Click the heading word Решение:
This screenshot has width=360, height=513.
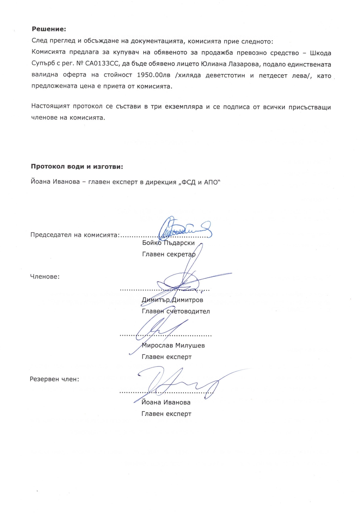[49, 29]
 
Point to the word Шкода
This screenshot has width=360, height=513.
[320, 53]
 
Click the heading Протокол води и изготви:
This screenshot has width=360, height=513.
[77, 167]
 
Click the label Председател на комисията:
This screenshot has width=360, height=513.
[75, 235]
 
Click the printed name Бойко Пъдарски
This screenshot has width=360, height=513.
[168, 243]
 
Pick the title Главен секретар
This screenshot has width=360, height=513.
[168, 254]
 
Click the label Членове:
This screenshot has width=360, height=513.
[45, 277]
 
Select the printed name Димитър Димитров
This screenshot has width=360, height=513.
[172, 300]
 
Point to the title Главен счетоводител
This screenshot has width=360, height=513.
[176, 311]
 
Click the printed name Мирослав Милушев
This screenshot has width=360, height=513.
[173, 345]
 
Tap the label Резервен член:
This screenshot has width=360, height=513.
[54, 380]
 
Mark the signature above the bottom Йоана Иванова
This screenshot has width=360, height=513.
[179, 382]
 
